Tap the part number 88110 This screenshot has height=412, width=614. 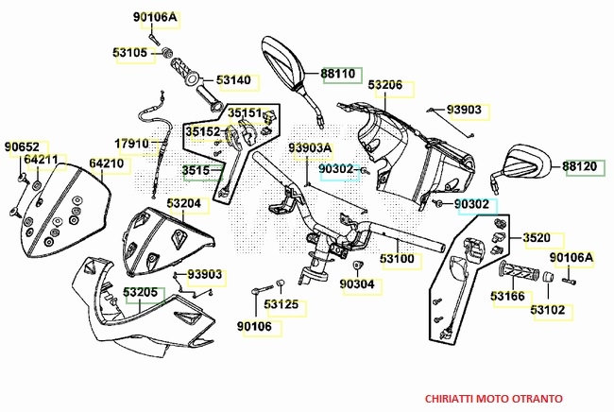(337, 73)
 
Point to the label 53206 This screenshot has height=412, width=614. (385, 86)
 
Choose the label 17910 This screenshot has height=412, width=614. (132, 144)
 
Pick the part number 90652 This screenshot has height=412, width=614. (21, 146)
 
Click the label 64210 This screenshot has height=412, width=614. (107, 163)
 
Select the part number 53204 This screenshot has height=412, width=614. (183, 203)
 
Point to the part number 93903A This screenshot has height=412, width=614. (311, 148)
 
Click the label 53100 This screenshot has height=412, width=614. (397, 258)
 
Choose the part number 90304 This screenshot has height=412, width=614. (357, 283)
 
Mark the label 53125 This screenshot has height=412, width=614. (281, 304)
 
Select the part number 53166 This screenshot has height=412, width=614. (507, 297)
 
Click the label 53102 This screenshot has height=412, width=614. (548, 309)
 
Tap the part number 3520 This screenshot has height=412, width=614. (536, 239)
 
